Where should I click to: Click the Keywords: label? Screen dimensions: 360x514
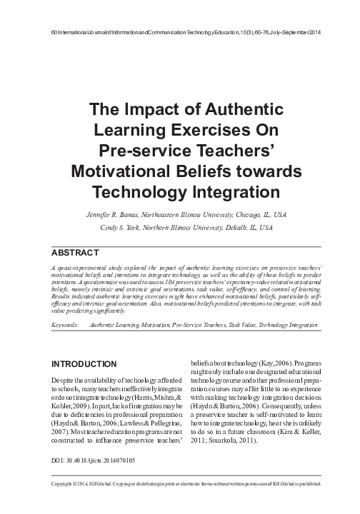pyautogui.click(x=66, y=325)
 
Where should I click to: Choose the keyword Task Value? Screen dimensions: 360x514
pyautogui.click(x=248, y=325)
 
